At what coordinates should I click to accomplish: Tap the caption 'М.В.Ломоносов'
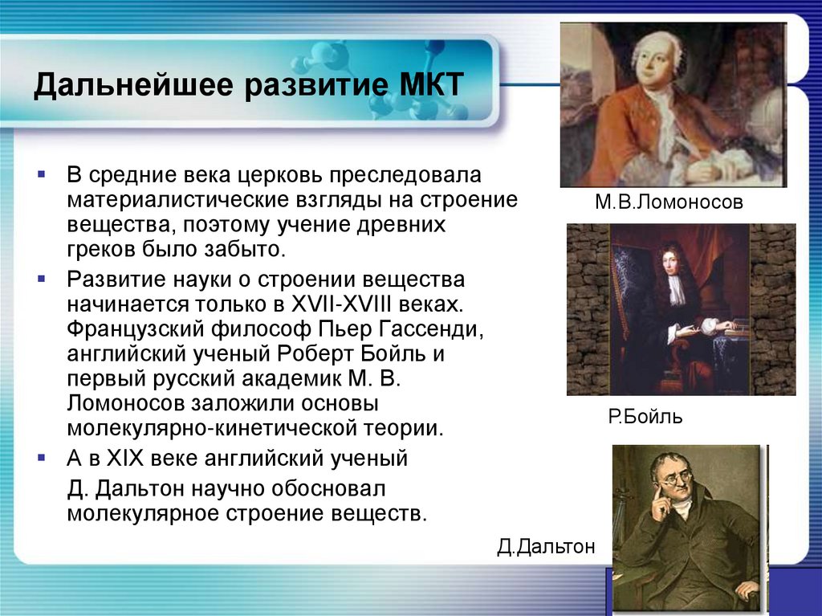pos(669,203)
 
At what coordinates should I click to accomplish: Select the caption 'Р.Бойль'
pos(645,418)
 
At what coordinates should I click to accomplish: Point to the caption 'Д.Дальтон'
pos(546,547)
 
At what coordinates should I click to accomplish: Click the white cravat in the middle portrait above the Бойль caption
pos(677,288)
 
